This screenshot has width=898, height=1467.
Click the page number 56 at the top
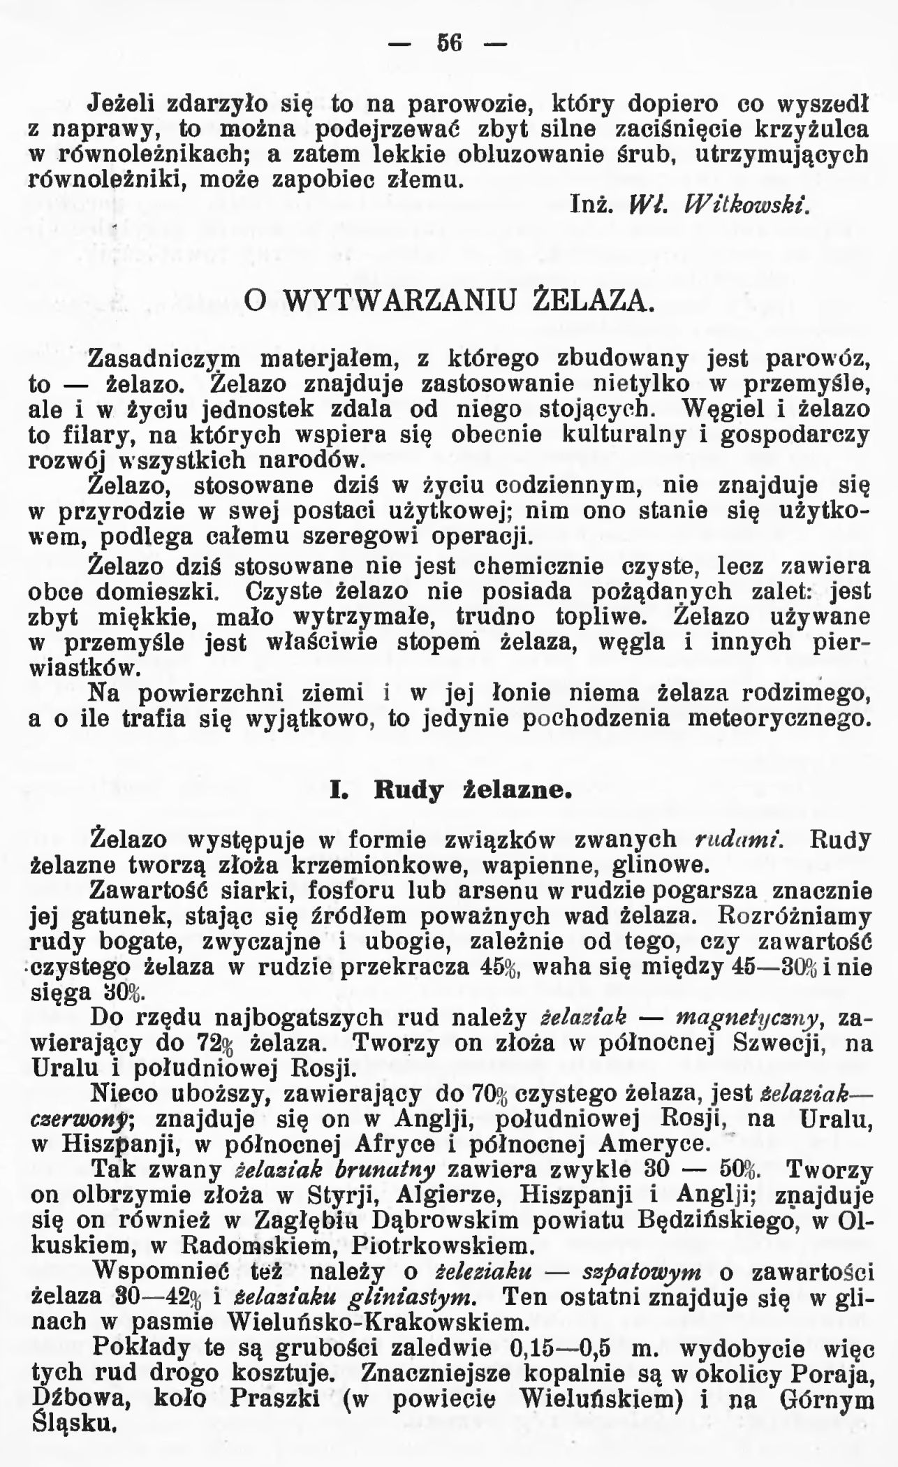point(450,43)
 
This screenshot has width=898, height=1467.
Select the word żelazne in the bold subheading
point(518,790)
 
